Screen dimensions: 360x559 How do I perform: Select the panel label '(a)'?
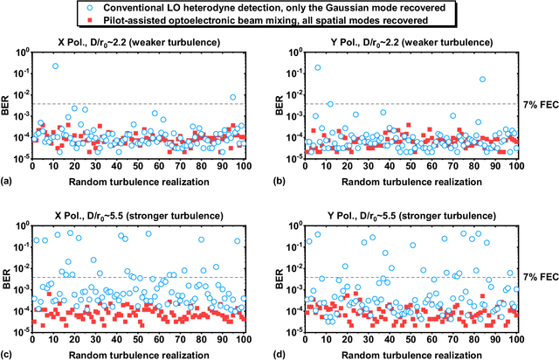tap(7, 180)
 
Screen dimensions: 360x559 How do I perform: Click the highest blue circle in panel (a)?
tap(56, 66)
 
